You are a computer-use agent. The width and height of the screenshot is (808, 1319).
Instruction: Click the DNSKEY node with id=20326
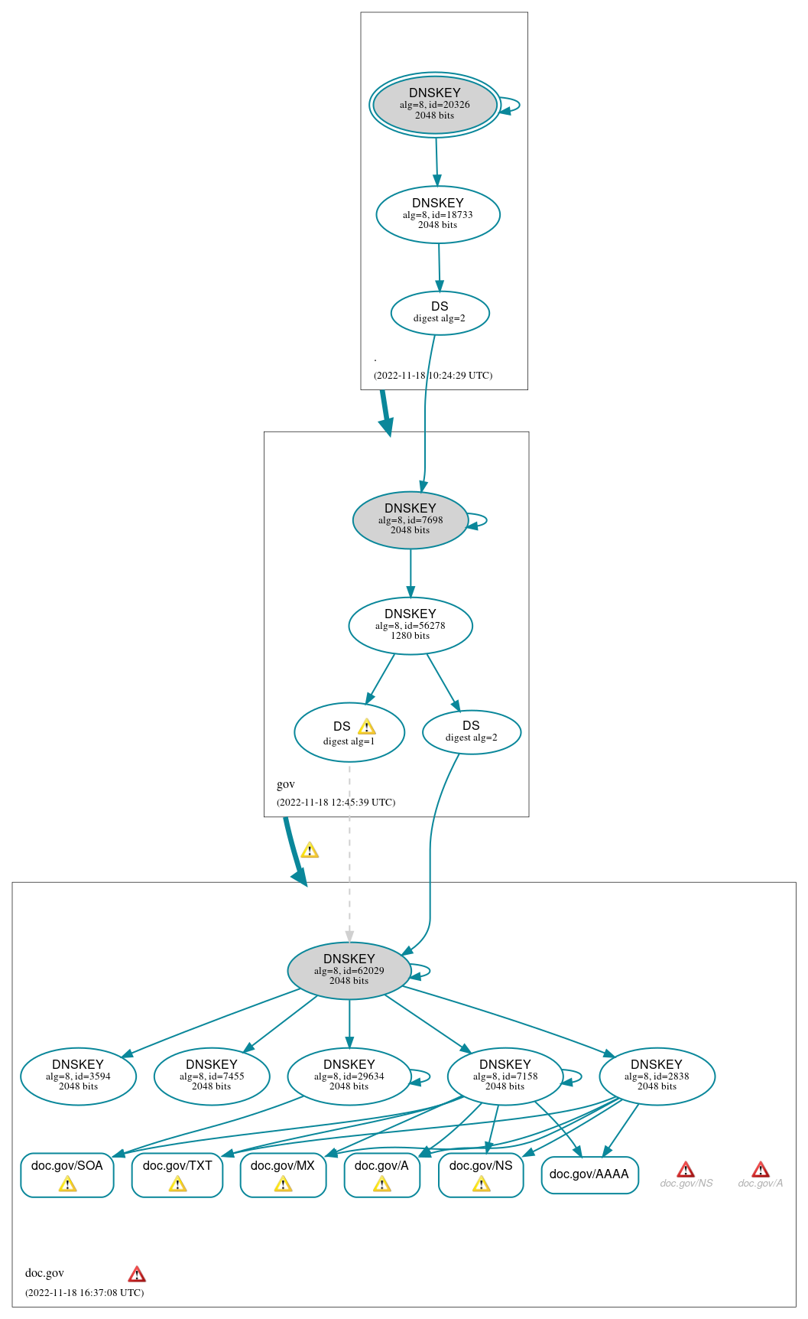[435, 105]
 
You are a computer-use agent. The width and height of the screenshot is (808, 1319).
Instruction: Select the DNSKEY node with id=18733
[438, 215]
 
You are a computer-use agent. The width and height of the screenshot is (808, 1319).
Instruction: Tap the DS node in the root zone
[440, 313]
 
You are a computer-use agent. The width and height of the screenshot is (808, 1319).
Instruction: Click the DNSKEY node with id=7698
[410, 520]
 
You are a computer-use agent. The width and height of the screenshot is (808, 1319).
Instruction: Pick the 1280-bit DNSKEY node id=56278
[410, 626]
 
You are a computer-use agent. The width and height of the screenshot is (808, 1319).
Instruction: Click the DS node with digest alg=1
[349, 733]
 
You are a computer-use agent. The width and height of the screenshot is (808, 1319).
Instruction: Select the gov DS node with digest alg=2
[472, 732]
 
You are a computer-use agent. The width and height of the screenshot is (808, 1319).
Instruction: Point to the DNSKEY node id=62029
[349, 971]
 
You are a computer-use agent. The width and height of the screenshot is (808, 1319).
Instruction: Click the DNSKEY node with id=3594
[78, 1076]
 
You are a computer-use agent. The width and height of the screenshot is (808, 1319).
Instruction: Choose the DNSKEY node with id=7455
[212, 1076]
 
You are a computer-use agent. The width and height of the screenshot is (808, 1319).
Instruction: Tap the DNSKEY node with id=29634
[349, 1076]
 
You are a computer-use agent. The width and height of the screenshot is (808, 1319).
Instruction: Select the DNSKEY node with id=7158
[505, 1076]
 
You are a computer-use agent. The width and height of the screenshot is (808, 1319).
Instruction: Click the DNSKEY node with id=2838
[657, 1076]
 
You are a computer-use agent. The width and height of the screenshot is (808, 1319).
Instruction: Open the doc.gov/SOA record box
[67, 1175]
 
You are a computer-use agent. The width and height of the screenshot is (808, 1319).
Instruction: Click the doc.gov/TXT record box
[177, 1175]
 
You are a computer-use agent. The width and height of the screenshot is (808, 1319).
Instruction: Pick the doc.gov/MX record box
[283, 1175]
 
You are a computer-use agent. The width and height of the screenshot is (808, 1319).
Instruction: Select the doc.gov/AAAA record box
[589, 1175]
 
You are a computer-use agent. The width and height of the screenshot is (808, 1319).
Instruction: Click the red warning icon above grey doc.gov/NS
[686, 1170]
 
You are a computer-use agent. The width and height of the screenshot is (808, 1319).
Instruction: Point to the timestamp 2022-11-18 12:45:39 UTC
[336, 803]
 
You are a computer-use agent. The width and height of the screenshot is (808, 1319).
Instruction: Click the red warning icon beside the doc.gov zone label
[137, 1274]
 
